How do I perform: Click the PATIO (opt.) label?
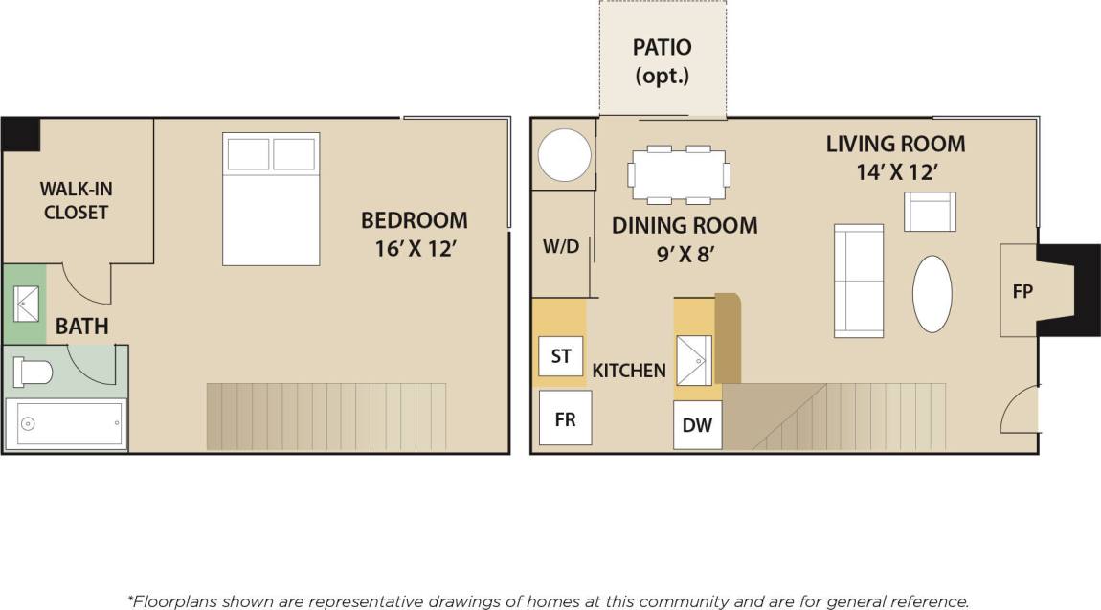(663, 61)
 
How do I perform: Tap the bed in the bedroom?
(271, 198)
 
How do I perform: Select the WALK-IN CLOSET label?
(76, 200)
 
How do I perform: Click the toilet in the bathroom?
(33, 372)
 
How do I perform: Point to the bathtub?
(66, 423)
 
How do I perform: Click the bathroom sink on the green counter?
(25, 305)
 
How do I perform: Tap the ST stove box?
(561, 356)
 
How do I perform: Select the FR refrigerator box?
(565, 418)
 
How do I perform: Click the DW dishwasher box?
(698, 425)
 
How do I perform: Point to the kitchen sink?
(694, 360)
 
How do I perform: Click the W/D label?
(561, 246)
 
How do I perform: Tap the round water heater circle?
(564, 155)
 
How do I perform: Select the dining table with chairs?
(679, 174)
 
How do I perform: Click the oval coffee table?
(932, 293)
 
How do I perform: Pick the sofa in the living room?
(859, 281)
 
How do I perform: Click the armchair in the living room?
(930, 212)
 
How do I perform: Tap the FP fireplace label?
(1022, 291)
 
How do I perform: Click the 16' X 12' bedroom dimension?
(414, 246)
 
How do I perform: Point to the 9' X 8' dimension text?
(685, 254)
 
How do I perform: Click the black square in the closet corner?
(20, 134)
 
